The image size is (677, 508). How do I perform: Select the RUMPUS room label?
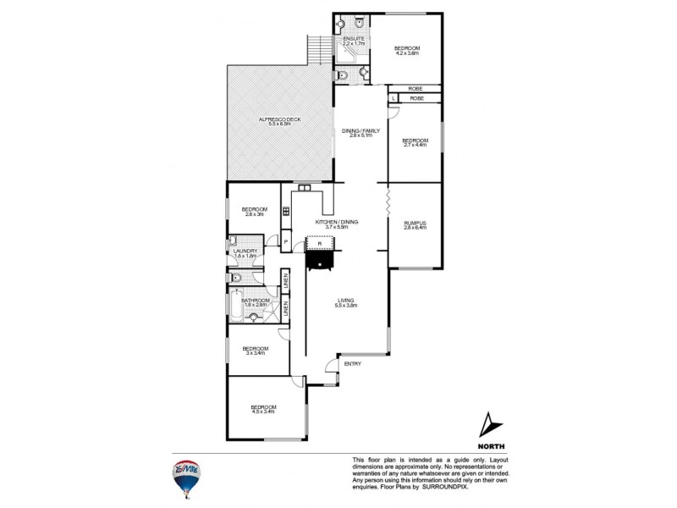pyautogui.click(x=415, y=222)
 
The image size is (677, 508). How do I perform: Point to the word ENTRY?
pyautogui.click(x=353, y=364)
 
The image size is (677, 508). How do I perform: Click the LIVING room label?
pyautogui.click(x=345, y=300)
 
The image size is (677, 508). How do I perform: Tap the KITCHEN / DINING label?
pyautogui.click(x=337, y=222)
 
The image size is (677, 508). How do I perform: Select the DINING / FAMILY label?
pyautogui.click(x=361, y=131)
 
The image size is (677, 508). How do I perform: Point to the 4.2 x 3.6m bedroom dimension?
pyautogui.click(x=406, y=53)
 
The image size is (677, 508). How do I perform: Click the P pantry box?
pyautogui.click(x=286, y=244)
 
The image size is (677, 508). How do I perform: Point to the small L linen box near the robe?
pyautogui.click(x=394, y=99)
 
